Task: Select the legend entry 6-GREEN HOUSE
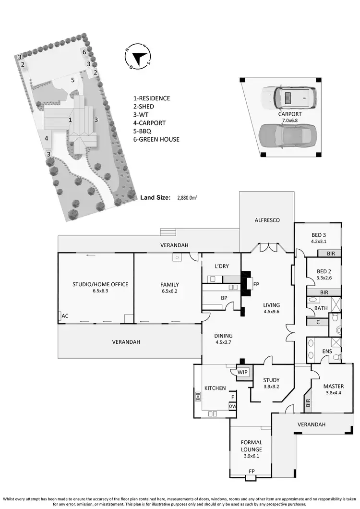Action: click(156, 139)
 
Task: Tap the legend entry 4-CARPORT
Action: click(149, 123)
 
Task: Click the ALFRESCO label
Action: click(266, 220)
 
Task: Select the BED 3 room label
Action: click(318, 235)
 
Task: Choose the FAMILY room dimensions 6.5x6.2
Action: click(169, 291)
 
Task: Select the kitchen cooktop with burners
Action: click(197, 397)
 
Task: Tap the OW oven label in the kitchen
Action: click(232, 406)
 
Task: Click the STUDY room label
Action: click(271, 380)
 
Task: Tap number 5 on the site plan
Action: click(73, 80)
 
